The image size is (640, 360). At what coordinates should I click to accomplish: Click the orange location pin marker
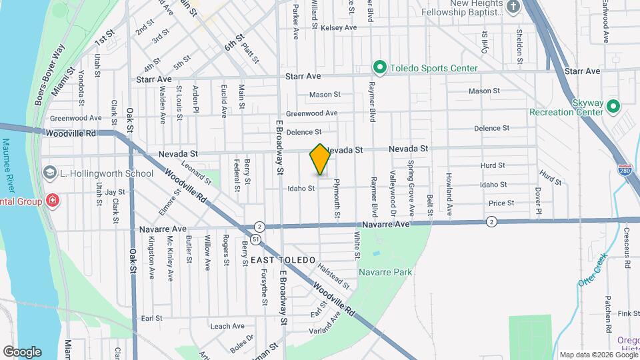pyautogui.click(x=320, y=159)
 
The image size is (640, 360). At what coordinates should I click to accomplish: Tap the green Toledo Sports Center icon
pyautogui.click(x=380, y=67)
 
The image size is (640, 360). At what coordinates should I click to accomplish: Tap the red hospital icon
pyautogui.click(x=52, y=201)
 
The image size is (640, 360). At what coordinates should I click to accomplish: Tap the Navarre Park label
pyautogui.click(x=385, y=272)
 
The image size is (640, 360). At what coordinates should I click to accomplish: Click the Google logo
pyautogui.click(x=22, y=351)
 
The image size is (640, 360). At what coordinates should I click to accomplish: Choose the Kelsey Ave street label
pyautogui.click(x=339, y=27)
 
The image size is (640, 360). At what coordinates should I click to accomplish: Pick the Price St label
pyautogui.click(x=501, y=203)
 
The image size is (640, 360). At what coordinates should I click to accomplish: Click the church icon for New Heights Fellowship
pyautogui.click(x=513, y=7)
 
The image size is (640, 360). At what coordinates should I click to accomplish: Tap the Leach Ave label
pyautogui.click(x=227, y=326)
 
